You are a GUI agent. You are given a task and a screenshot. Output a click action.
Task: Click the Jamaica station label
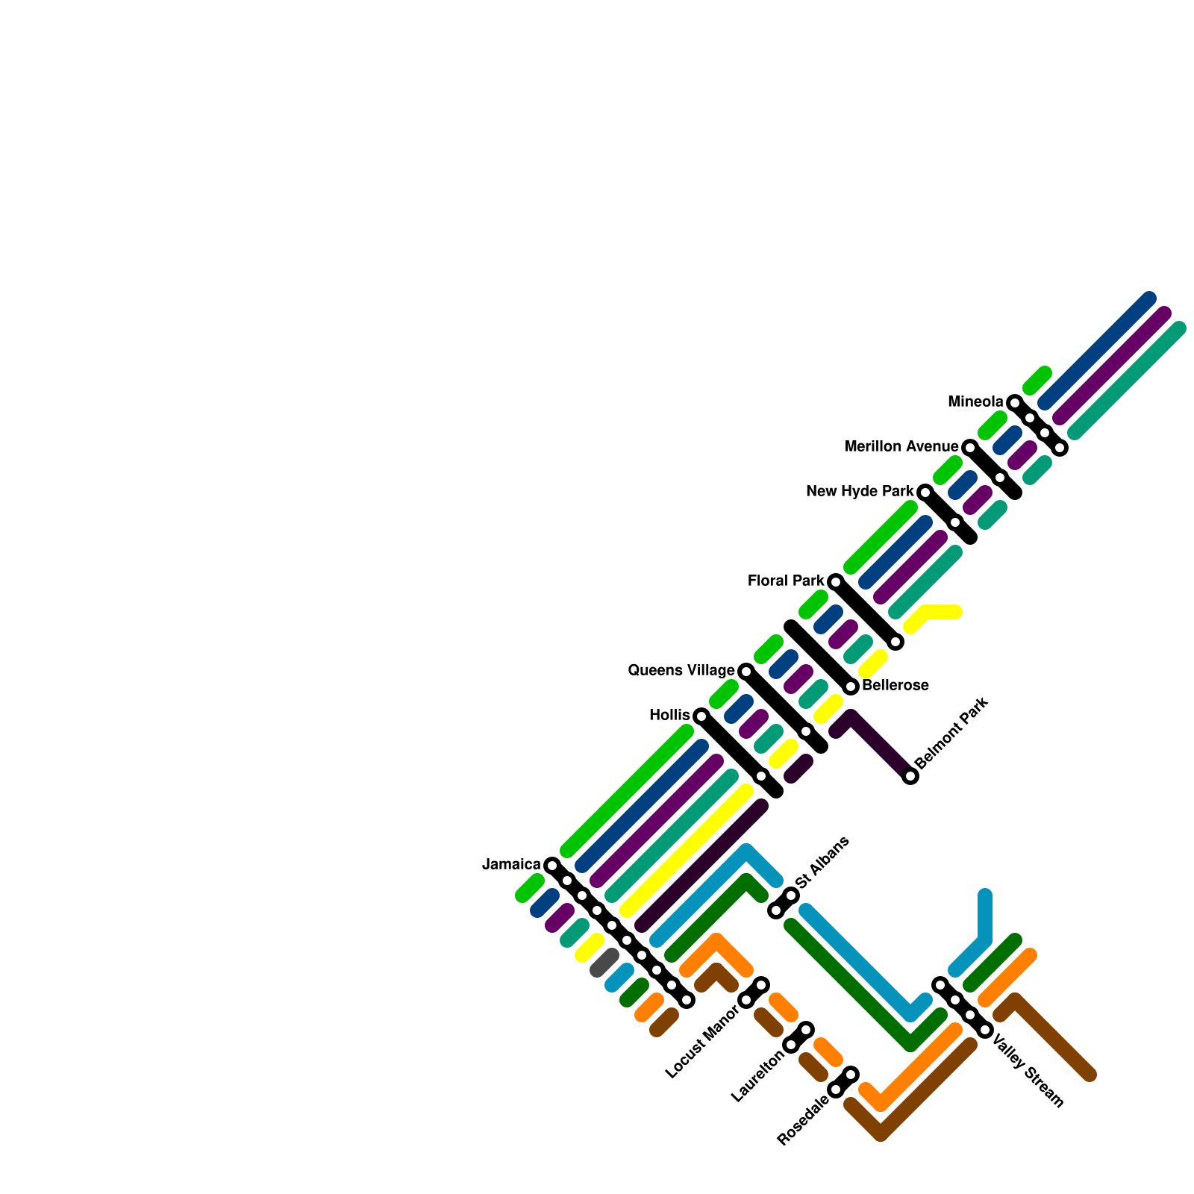pyautogui.click(x=511, y=865)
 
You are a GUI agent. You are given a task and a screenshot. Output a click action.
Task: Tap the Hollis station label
pyautogui.click(x=669, y=716)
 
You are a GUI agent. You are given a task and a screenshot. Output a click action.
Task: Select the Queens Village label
pyautogui.click(x=681, y=671)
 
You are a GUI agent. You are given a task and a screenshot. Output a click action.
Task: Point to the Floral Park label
pyautogui.click(x=786, y=581)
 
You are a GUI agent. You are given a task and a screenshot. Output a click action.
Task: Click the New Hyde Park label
pyautogui.click(x=860, y=492)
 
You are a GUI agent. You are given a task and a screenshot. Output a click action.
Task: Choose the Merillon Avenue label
pyautogui.click(x=901, y=447)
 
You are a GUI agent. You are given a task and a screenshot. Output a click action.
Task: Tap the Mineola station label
pyautogui.click(x=975, y=402)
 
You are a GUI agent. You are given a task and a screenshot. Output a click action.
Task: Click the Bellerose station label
pyautogui.click(x=895, y=686)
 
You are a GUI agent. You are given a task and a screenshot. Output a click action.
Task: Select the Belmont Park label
pyautogui.click(x=951, y=733)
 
